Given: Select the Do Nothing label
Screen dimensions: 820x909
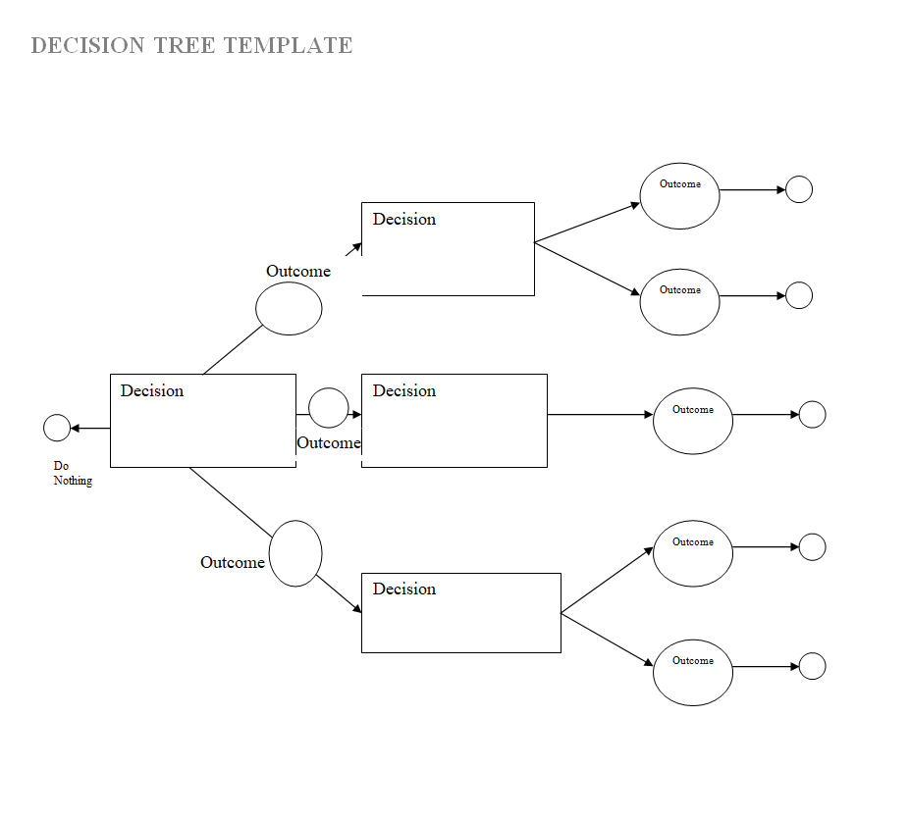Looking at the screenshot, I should tap(73, 474).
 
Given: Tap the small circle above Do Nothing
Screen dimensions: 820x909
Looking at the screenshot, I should tap(57, 428).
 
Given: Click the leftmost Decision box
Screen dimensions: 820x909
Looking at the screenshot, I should tap(202, 420).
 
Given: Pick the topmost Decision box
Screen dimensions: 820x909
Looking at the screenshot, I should tap(448, 248).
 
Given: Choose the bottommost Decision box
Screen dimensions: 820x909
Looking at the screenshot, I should tap(460, 612).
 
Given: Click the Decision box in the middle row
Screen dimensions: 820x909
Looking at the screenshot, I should tap(454, 420).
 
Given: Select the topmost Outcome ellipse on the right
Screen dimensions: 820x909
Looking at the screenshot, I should tap(679, 196).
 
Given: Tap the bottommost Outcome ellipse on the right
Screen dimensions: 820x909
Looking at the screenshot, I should tap(692, 672).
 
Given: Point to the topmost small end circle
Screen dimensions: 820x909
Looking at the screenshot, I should tap(799, 189).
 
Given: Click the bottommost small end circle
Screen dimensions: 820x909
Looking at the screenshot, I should tap(812, 666).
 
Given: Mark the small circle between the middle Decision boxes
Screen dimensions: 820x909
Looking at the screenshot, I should tap(328, 407).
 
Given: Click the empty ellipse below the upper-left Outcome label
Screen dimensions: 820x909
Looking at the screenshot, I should tap(289, 308).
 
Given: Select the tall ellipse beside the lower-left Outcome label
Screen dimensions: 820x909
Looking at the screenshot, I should tap(295, 553).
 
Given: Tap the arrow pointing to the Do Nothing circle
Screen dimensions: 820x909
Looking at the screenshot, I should tap(89, 428).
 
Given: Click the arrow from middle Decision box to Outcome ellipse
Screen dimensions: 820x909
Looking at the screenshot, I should tap(599, 414).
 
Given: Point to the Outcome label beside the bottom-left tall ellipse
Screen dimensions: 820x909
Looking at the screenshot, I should tap(232, 562).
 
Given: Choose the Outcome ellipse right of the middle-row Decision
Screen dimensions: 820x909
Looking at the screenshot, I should tap(692, 421).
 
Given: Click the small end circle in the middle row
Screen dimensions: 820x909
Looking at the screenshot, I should tap(812, 414).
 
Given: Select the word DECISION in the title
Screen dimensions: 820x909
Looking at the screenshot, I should tap(86, 45).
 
